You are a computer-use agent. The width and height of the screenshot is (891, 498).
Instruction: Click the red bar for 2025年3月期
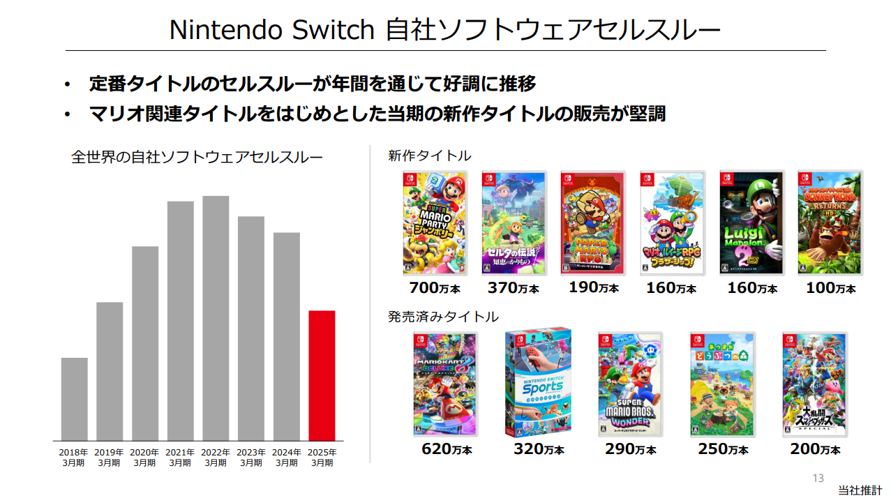322,375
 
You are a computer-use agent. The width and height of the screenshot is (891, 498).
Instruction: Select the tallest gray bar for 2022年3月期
216,318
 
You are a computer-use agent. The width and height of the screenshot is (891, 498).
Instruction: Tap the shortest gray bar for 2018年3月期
74,399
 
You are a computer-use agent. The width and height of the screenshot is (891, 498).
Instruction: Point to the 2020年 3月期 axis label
144,458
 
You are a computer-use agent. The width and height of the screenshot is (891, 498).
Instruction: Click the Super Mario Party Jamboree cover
435,223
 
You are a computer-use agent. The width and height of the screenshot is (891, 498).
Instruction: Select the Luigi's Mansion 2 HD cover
751,223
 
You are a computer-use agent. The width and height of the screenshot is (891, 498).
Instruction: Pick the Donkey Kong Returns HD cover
830,223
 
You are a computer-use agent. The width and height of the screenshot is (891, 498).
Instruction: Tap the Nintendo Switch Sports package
539,383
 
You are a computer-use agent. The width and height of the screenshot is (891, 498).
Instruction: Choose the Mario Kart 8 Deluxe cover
446,384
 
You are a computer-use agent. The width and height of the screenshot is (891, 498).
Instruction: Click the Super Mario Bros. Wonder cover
630,384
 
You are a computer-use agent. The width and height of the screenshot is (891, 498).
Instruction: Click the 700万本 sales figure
434,287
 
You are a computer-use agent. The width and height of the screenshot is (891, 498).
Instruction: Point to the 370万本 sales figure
513,288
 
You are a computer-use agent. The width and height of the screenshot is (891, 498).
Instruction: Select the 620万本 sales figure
447,449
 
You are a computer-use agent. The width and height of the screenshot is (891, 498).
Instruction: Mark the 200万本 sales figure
815,449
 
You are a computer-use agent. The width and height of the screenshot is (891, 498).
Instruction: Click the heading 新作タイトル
429,156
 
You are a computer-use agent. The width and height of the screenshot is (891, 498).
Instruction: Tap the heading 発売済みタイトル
443,317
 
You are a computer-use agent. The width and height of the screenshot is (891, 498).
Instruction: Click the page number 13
818,478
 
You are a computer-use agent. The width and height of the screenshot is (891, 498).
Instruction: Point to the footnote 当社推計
860,490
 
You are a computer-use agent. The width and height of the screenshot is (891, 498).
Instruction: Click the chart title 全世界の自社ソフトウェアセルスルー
197,157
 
